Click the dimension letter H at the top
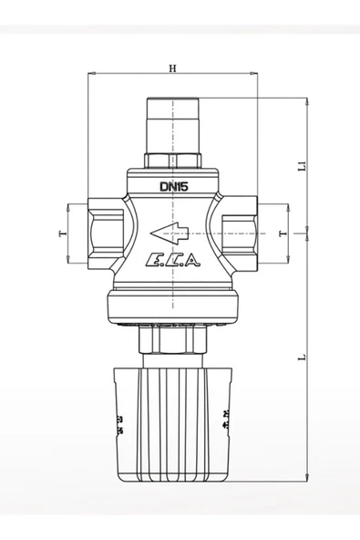pos(172,67)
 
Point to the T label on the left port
pos(62,234)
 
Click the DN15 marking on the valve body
pos(172,187)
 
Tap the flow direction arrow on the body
pos(170,231)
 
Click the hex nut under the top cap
pos(172,161)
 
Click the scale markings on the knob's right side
pos(225,421)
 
